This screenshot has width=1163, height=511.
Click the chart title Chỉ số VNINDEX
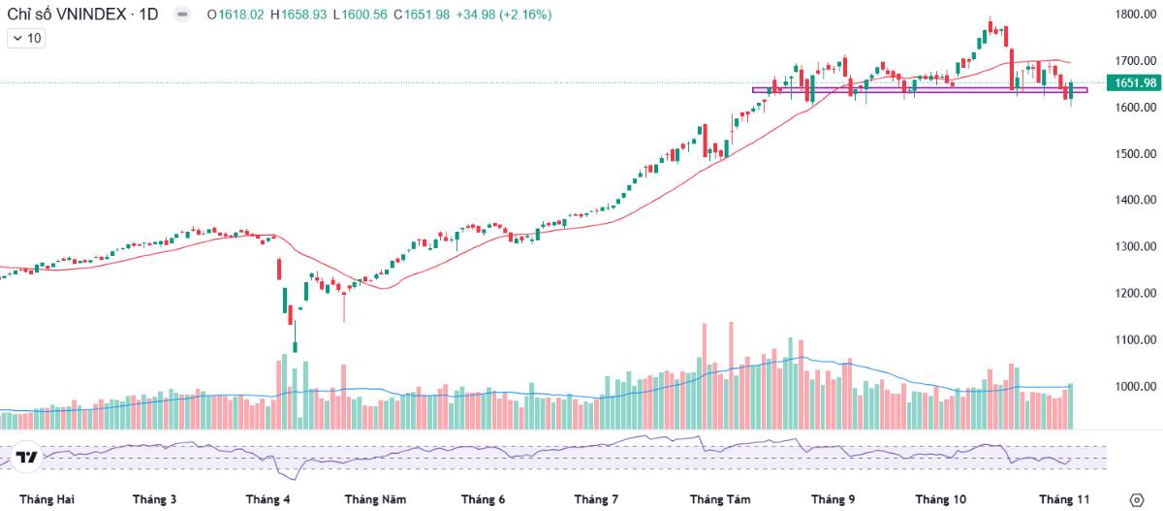tap(62, 16)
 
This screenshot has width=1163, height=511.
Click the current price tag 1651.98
tap(1136, 82)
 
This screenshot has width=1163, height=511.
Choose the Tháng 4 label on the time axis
tap(268, 499)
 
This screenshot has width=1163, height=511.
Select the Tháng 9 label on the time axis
tap(833, 499)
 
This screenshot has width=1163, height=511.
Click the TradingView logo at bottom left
tap(27, 458)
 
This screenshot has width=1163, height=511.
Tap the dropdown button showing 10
tap(26, 39)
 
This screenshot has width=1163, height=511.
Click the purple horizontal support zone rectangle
tap(920, 90)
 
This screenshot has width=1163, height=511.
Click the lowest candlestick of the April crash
tap(295, 344)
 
